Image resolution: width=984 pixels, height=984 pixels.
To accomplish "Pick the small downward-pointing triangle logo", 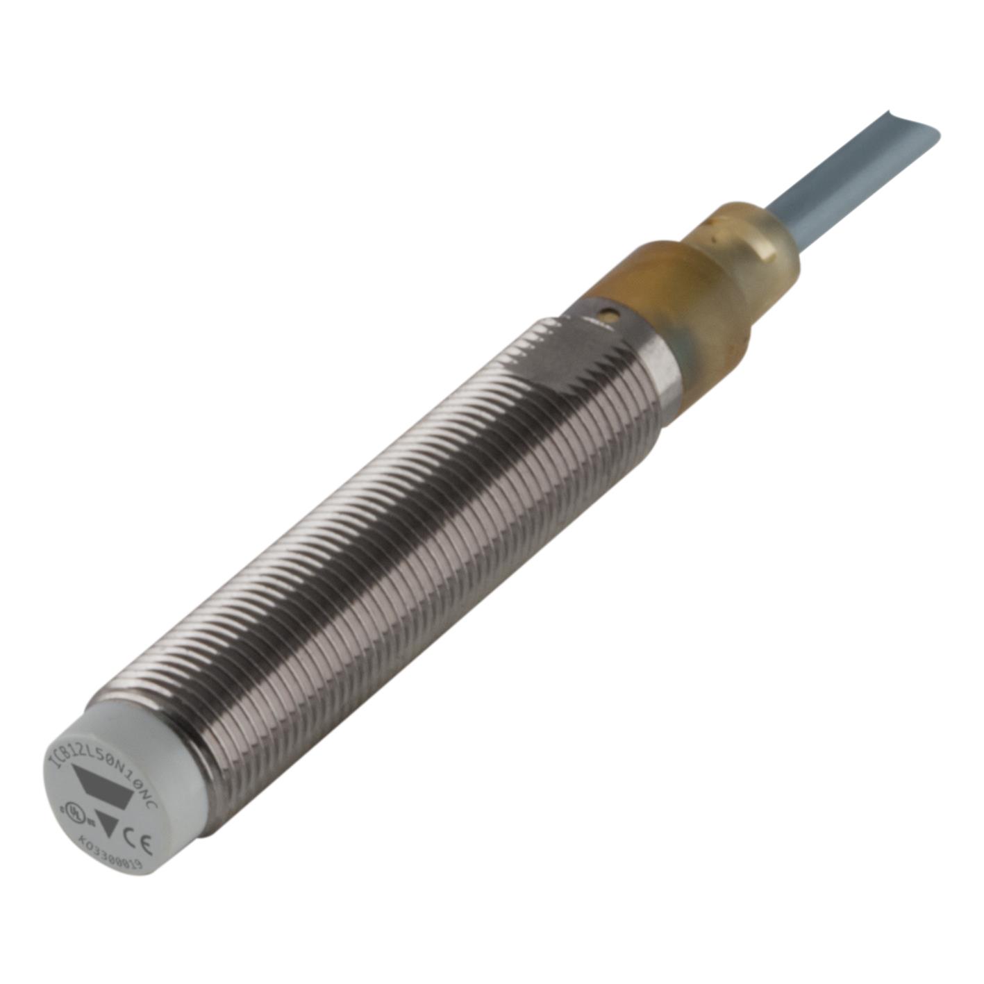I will coord(107,824).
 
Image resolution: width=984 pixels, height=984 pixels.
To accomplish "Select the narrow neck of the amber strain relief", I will coord(743,243).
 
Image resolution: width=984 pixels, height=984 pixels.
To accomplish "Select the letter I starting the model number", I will coord(51,760).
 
